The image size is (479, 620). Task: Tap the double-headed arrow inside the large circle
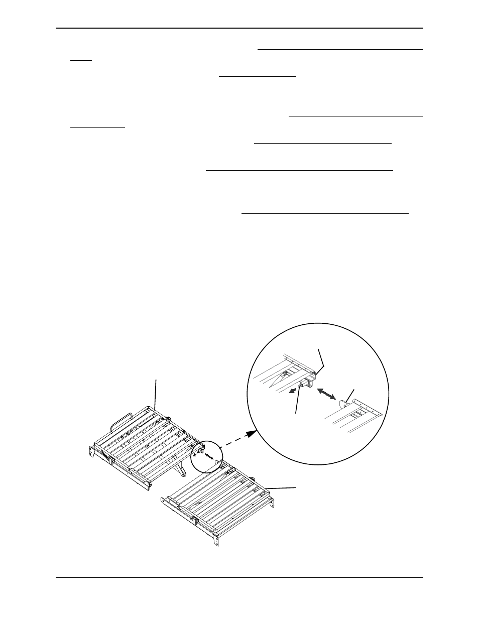(x=326, y=393)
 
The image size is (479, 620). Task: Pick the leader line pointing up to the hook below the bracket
(x=297, y=402)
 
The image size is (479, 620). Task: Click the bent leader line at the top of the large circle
(x=321, y=360)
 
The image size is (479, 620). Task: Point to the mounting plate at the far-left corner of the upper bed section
(x=92, y=450)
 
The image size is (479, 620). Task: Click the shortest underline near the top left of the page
(x=81, y=60)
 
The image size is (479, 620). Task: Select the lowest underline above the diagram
(x=325, y=213)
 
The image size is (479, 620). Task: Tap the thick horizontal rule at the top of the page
(x=240, y=28)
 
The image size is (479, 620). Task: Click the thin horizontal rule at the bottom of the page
(x=240, y=578)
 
